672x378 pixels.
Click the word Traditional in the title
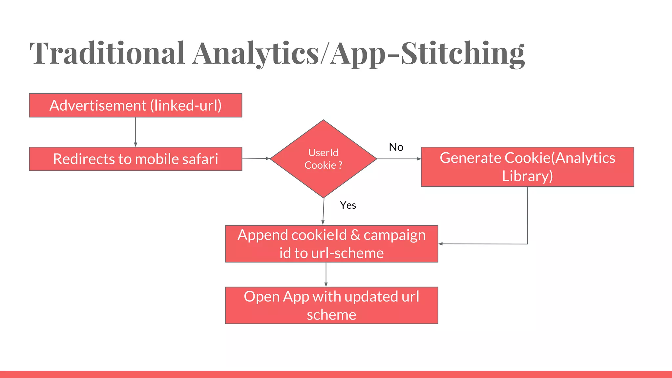(x=107, y=53)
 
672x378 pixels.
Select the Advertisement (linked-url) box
(x=136, y=105)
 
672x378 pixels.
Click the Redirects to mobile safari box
(x=136, y=159)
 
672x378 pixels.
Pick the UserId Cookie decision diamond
(x=323, y=159)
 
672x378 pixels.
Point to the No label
(x=396, y=147)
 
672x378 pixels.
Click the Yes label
(x=348, y=205)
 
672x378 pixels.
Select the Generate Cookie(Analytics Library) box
(x=527, y=167)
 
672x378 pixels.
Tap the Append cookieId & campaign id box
(x=331, y=244)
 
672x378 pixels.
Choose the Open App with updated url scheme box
(x=331, y=305)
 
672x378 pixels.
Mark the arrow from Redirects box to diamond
(x=256, y=158)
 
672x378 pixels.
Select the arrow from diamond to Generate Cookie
(x=399, y=159)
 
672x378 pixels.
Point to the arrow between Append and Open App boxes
(x=326, y=275)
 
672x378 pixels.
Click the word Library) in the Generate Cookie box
(x=527, y=176)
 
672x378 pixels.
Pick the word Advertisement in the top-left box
(x=98, y=106)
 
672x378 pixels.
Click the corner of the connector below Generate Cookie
(x=527, y=244)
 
